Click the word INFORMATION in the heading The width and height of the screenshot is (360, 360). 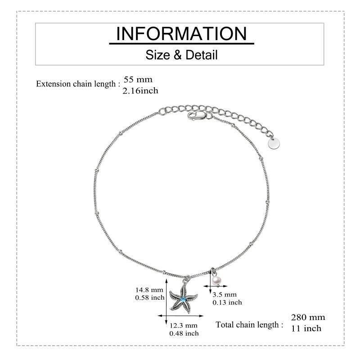click(181, 34)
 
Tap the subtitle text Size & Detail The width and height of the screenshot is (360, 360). click(181, 55)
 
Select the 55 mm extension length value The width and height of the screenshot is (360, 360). click(138, 80)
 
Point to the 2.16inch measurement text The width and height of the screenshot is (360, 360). click(140, 91)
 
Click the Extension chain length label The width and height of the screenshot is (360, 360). click(78, 84)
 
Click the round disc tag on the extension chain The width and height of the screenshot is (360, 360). click(274, 144)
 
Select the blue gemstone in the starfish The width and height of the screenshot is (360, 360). click(183, 299)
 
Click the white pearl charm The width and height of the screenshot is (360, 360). click(216, 281)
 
